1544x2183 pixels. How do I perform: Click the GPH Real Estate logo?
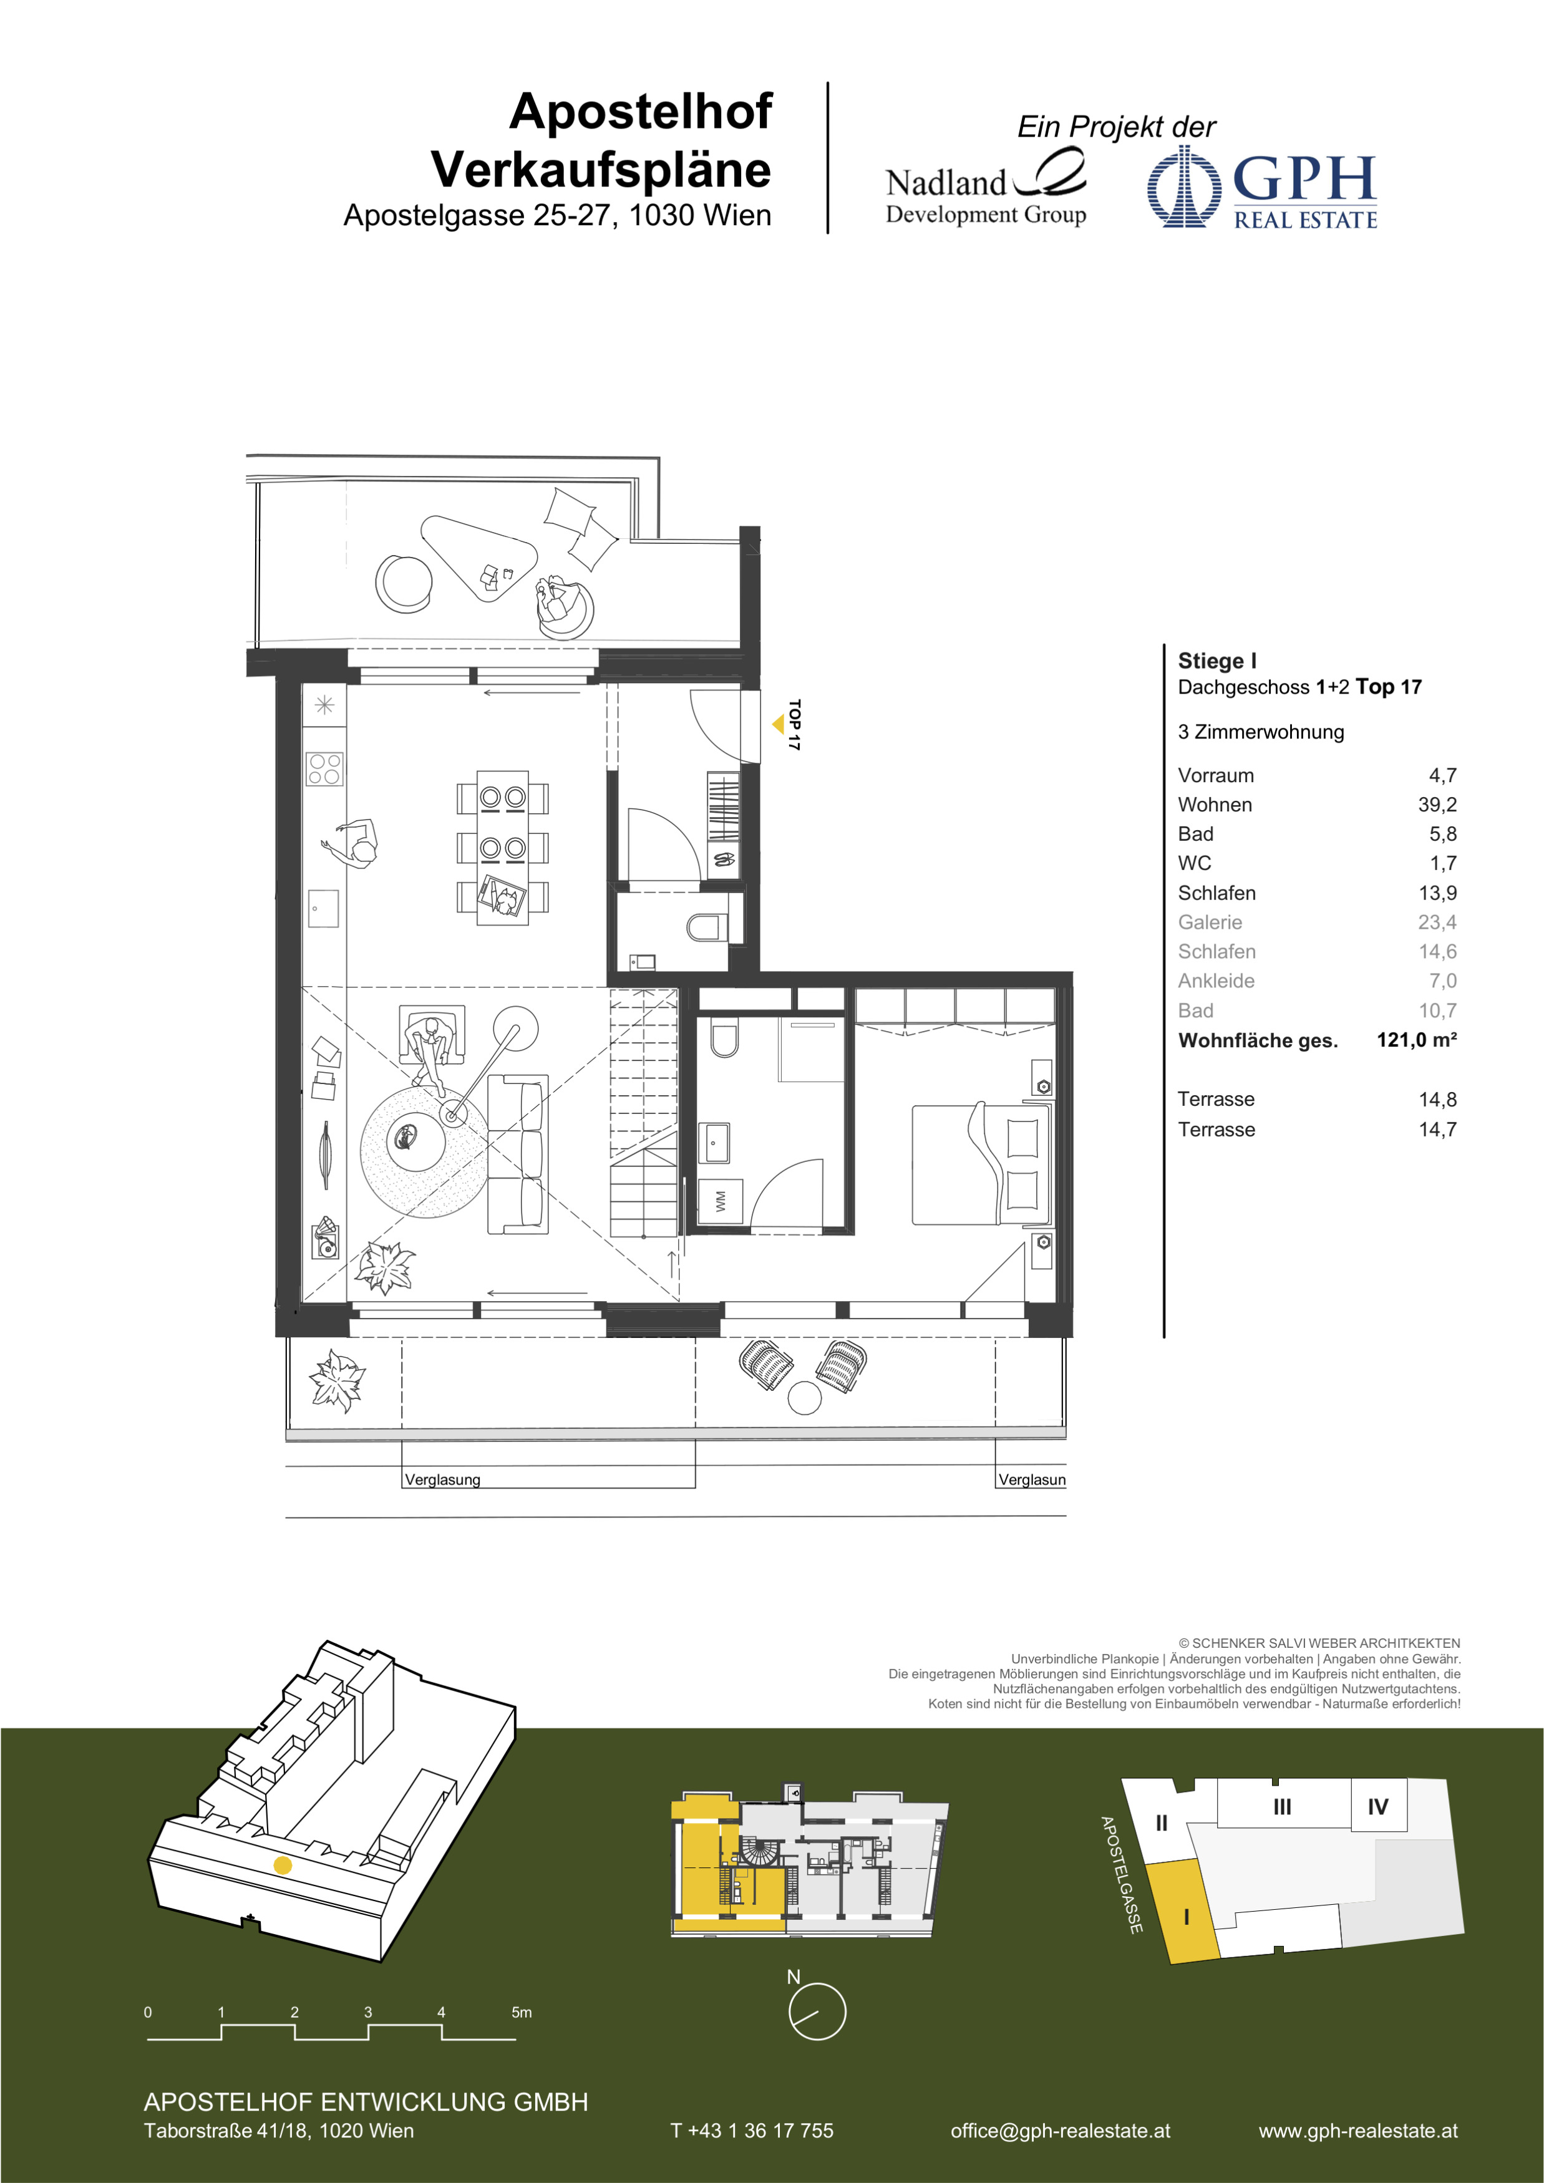pos(1261,187)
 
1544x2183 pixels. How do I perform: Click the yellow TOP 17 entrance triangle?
pos(779,725)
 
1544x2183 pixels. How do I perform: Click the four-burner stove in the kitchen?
pos(324,768)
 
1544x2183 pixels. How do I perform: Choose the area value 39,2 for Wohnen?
pos(1437,805)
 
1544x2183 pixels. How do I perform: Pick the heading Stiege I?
pos(1217,661)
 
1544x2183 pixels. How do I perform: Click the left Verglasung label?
pos(442,1479)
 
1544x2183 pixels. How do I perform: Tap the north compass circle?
pos(817,2011)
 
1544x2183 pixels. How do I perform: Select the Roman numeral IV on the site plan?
pos(1377,1806)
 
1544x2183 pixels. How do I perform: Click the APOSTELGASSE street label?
pos(1121,1874)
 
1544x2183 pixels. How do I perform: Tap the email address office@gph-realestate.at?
pos(1060,2131)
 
